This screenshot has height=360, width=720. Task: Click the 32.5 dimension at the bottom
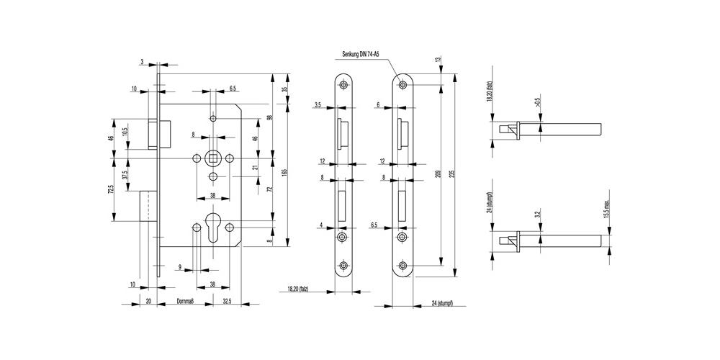pos(227,303)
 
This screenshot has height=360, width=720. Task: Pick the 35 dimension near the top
pos(285,90)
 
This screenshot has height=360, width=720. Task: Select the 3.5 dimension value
pos(318,106)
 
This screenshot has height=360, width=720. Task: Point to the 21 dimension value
pos(255,168)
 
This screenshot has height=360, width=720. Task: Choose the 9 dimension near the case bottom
pos(179,267)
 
